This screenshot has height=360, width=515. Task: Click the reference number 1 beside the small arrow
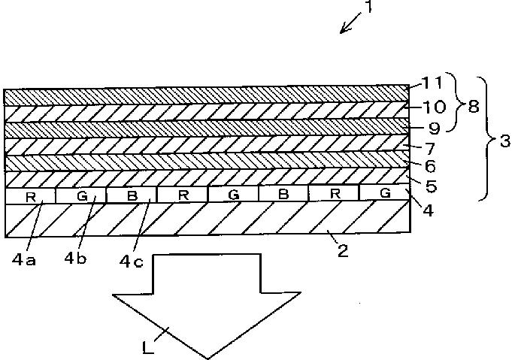pyautogui.click(x=369, y=7)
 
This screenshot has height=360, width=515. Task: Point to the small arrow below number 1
pyautogui.click(x=350, y=23)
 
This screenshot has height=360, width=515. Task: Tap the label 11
pyautogui.click(x=432, y=83)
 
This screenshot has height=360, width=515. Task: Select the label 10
pyautogui.click(x=434, y=107)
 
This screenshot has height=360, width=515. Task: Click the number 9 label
pyautogui.click(x=435, y=128)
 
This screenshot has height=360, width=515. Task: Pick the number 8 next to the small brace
pyautogui.click(x=473, y=107)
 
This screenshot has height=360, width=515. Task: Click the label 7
pyautogui.click(x=430, y=149)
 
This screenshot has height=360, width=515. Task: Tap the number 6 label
pyautogui.click(x=430, y=166)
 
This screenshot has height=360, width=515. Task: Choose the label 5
pyautogui.click(x=432, y=186)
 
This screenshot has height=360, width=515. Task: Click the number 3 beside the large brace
pyautogui.click(x=505, y=141)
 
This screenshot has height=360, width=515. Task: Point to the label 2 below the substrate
pyautogui.click(x=343, y=251)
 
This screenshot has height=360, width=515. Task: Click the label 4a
pyautogui.click(x=24, y=260)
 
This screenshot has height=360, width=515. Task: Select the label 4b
pyautogui.click(x=75, y=259)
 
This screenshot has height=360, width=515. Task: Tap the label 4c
pyautogui.click(x=131, y=262)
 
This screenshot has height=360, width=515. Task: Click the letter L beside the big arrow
pyautogui.click(x=148, y=347)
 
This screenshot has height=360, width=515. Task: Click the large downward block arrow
pyautogui.click(x=207, y=305)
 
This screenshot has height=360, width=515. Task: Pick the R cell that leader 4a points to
pyautogui.click(x=31, y=196)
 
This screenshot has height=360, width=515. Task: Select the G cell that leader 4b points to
pyautogui.click(x=81, y=196)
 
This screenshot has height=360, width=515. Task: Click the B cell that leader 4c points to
pyautogui.click(x=132, y=195)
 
